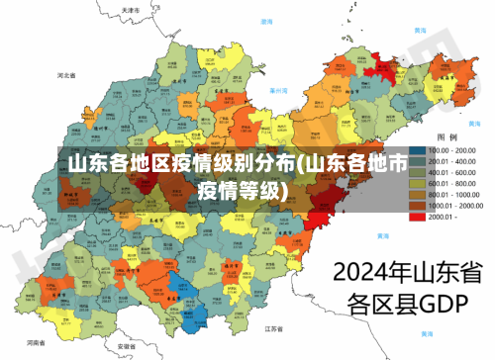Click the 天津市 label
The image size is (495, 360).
click(128, 11)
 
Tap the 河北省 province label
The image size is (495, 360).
click(67, 75)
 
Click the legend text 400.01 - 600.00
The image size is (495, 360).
click(452, 171)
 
